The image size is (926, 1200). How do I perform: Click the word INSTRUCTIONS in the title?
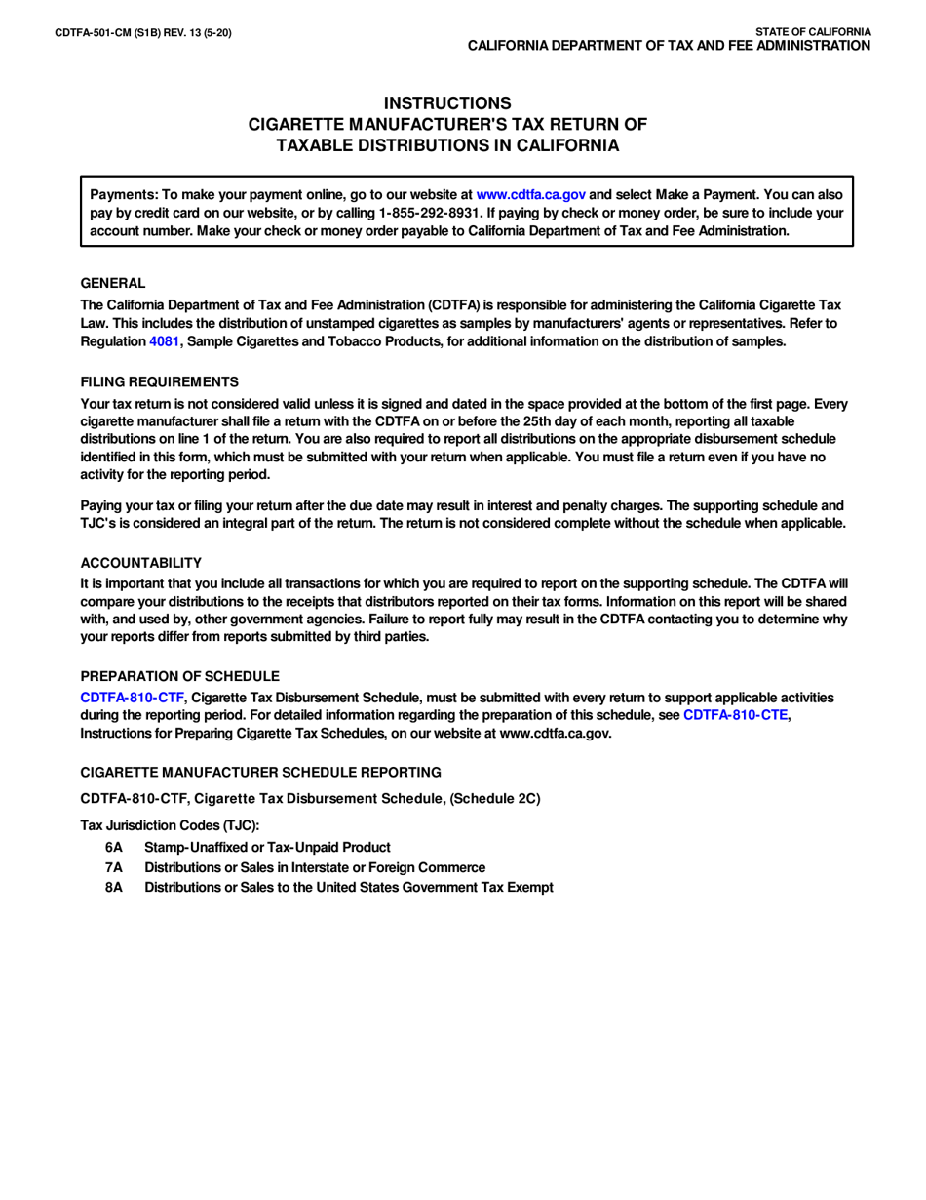click(447, 103)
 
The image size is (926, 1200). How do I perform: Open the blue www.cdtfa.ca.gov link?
click(530, 194)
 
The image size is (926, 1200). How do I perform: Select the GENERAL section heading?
click(113, 283)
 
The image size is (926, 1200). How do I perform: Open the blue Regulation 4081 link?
click(164, 341)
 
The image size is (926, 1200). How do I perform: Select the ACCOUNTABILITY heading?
click(141, 563)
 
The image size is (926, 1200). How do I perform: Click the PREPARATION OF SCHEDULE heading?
click(179, 676)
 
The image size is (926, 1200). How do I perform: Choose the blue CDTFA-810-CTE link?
click(735, 715)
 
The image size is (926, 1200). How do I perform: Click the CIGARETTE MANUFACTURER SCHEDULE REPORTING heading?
click(260, 772)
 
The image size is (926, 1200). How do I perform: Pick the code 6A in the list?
click(114, 847)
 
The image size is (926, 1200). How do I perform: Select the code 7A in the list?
click(114, 867)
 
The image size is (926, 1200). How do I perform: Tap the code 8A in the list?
click(114, 887)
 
